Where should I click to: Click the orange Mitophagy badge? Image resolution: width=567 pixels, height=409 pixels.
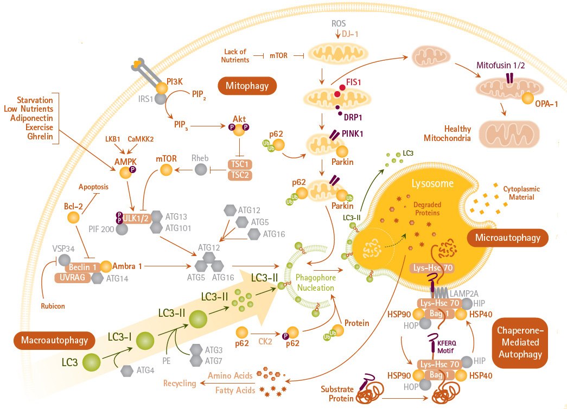coord(247,85)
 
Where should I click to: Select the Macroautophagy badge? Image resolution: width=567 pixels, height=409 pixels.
coord(54,340)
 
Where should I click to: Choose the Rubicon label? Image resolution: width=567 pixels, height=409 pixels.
coord(53,306)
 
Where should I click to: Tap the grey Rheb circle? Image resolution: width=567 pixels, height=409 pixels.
coord(201,171)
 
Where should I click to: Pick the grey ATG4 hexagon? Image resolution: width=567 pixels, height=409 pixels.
coord(128,370)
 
